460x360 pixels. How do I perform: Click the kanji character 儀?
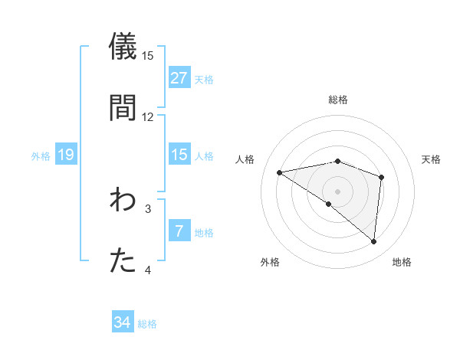pyautogui.click(x=123, y=45)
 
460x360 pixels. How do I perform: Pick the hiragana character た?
pyautogui.click(x=123, y=260)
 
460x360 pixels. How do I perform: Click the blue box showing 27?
pyautogui.click(x=179, y=77)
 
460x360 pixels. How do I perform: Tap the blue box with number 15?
pyautogui.click(x=179, y=155)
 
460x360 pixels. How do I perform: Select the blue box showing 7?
pyautogui.click(x=179, y=231)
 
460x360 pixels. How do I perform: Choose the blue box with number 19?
pyautogui.click(x=65, y=155)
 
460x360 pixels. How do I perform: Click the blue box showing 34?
pyautogui.click(x=122, y=322)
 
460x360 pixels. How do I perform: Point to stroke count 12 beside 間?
pyautogui.click(x=148, y=116)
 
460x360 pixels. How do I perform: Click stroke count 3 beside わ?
pyautogui.click(x=148, y=208)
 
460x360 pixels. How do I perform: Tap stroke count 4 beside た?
pyautogui.click(x=148, y=270)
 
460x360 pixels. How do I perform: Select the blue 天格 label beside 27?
pyautogui.click(x=204, y=79)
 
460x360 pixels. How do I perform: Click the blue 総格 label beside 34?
pyautogui.click(x=147, y=324)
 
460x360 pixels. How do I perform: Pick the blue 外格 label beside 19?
pyautogui.click(x=41, y=156)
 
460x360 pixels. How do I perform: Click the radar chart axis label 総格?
pyautogui.click(x=338, y=100)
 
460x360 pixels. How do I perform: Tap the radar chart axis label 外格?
pyautogui.click(x=270, y=263)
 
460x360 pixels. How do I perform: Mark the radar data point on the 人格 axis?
pyautogui.click(x=280, y=172)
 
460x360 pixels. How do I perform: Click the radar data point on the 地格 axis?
pyautogui.click(x=373, y=242)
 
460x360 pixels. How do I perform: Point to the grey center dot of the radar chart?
pyautogui.click(x=337, y=191)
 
